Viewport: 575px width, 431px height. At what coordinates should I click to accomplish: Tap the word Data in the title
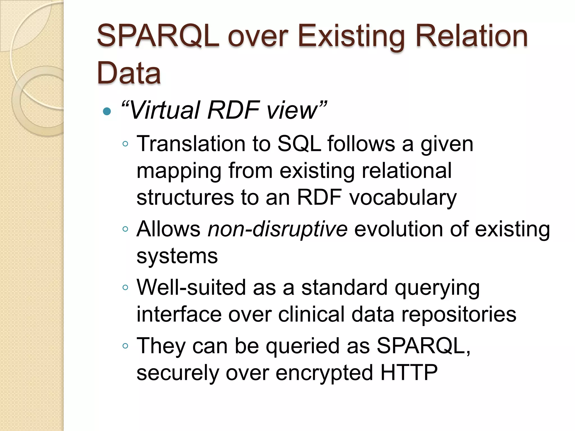pyautogui.click(x=129, y=73)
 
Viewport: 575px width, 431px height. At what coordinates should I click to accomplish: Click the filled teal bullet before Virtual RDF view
pyautogui.click(x=107, y=112)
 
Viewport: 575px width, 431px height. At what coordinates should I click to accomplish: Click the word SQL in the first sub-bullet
pyautogui.click(x=299, y=144)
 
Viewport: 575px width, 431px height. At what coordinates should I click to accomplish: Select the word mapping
pyautogui.click(x=179, y=171)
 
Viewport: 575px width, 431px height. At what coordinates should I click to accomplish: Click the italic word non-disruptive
pyautogui.click(x=277, y=229)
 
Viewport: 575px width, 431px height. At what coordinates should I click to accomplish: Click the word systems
pyautogui.click(x=177, y=256)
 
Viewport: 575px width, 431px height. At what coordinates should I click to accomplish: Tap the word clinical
pyautogui.click(x=311, y=314)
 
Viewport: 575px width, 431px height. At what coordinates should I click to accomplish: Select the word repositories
pyautogui.click(x=459, y=314)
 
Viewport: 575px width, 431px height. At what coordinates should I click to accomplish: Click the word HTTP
pyautogui.click(x=409, y=373)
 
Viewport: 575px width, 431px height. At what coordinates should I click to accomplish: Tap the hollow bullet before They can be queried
pyautogui.click(x=125, y=346)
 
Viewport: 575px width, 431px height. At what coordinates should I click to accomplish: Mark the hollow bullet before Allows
pyautogui.click(x=125, y=229)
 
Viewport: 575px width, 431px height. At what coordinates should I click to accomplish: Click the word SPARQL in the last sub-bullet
pyautogui.click(x=423, y=346)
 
